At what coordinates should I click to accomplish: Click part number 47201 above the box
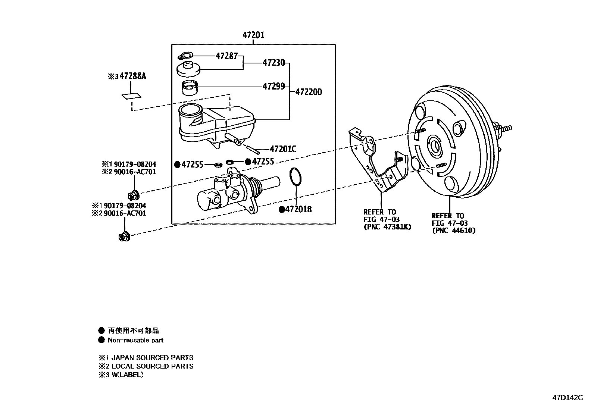(253, 35)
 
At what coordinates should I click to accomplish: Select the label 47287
(226, 56)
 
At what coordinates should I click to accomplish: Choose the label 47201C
(283, 149)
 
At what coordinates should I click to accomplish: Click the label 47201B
(298, 209)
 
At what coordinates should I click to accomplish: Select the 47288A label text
(132, 76)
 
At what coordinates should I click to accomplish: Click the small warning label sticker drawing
(131, 96)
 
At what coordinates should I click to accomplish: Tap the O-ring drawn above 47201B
(295, 176)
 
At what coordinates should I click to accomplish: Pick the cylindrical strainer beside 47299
(190, 88)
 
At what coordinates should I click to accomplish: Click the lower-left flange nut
(124, 236)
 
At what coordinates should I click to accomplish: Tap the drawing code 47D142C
(568, 397)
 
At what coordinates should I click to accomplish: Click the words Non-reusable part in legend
(135, 340)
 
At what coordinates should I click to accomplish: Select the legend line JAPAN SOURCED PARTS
(152, 357)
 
